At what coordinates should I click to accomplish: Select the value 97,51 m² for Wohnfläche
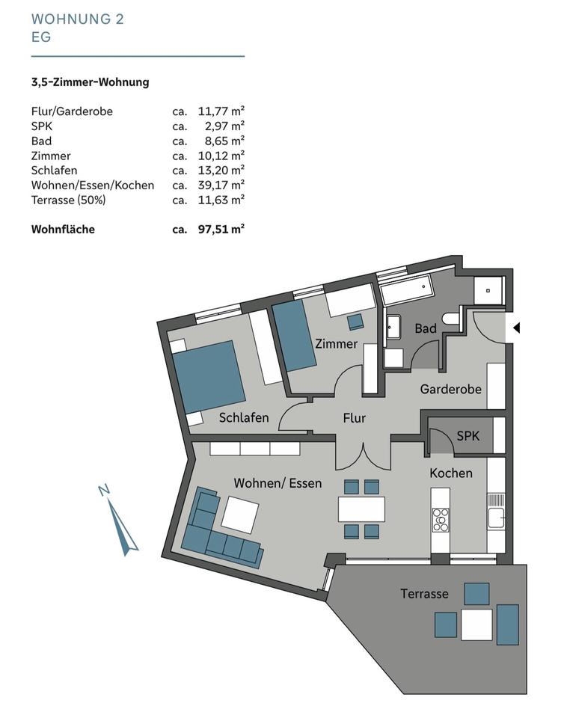tap(221, 230)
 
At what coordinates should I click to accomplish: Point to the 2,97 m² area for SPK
tap(221, 126)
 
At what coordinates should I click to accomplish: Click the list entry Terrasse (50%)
tap(68, 200)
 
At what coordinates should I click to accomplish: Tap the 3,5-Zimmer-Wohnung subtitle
tap(90, 82)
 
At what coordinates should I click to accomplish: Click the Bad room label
tap(425, 328)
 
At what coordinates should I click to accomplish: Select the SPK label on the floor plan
tap(468, 435)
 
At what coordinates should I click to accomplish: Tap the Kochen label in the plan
tap(450, 473)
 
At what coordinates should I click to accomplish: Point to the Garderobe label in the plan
tap(450, 389)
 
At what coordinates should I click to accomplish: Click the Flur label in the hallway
tap(354, 418)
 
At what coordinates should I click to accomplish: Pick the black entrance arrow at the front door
tap(515, 328)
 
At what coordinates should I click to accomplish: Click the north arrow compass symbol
tap(123, 526)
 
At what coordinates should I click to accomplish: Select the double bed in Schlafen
tap(209, 376)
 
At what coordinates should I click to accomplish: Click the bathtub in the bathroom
tap(406, 292)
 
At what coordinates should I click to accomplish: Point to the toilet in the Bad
tap(450, 319)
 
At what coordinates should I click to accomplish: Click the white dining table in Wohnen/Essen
tap(361, 509)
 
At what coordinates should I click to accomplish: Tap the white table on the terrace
tap(476, 625)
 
